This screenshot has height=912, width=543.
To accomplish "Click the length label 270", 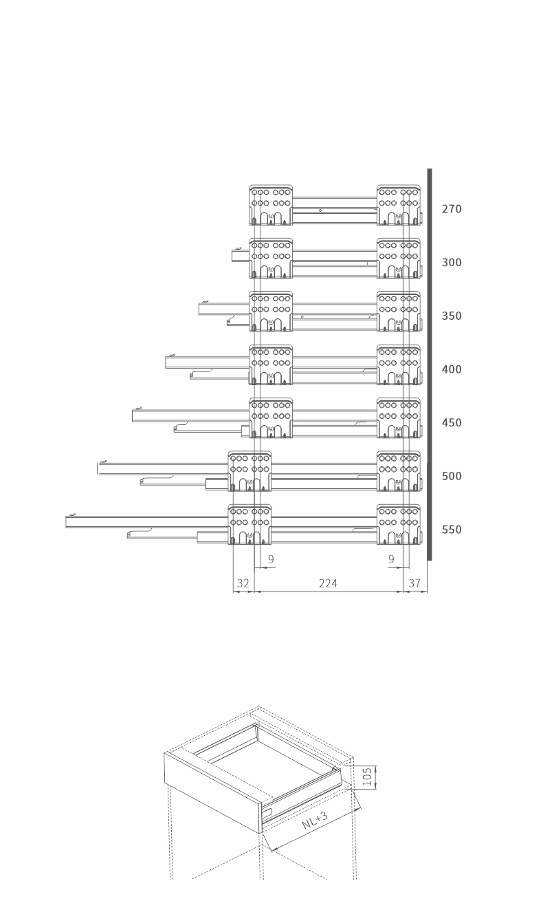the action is (452, 209).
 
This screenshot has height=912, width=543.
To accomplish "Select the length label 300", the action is (452, 262).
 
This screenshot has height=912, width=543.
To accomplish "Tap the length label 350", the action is (452, 316).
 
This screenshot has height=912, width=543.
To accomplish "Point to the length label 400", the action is (452, 369).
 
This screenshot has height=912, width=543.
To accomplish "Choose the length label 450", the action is (452, 422).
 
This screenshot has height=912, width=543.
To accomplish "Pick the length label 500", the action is (452, 476).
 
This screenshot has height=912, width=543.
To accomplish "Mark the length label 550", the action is (452, 530).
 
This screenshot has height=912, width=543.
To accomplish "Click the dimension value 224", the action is (328, 583).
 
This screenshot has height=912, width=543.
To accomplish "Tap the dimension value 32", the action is (243, 583).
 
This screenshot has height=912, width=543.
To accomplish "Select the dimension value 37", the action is (414, 583).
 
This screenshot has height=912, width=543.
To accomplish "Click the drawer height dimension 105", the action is (367, 777).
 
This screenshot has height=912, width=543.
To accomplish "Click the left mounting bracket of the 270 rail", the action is (271, 205).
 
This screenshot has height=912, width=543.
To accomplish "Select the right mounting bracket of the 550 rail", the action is (399, 524).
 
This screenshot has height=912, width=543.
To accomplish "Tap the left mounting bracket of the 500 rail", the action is (250, 471).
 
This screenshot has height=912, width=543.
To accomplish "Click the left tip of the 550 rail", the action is (66, 522).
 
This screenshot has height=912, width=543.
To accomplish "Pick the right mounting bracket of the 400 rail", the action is (399, 365).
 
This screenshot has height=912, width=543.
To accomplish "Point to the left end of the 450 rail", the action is (132, 415).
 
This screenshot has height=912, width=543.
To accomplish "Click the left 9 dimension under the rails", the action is (271, 559).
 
